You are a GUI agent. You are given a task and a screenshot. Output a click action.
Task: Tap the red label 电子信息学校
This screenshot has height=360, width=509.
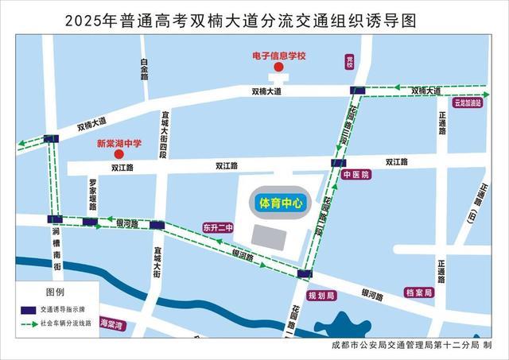[278, 56]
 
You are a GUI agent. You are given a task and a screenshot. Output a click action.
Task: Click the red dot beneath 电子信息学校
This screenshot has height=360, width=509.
[278, 68]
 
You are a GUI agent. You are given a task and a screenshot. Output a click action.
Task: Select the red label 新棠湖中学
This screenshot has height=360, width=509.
[119, 144]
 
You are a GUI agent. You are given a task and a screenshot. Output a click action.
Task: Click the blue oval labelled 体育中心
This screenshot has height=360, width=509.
[278, 203]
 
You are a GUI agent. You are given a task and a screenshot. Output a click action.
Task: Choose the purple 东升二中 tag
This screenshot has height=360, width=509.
[218, 227]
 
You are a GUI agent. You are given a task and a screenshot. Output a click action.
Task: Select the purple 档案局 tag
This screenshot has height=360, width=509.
[418, 292]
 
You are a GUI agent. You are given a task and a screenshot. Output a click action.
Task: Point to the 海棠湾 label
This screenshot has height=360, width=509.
[111, 324]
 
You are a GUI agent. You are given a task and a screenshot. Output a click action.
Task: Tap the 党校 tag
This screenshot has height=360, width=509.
[348, 62]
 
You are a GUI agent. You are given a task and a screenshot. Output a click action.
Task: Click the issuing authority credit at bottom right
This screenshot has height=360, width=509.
[413, 346]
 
